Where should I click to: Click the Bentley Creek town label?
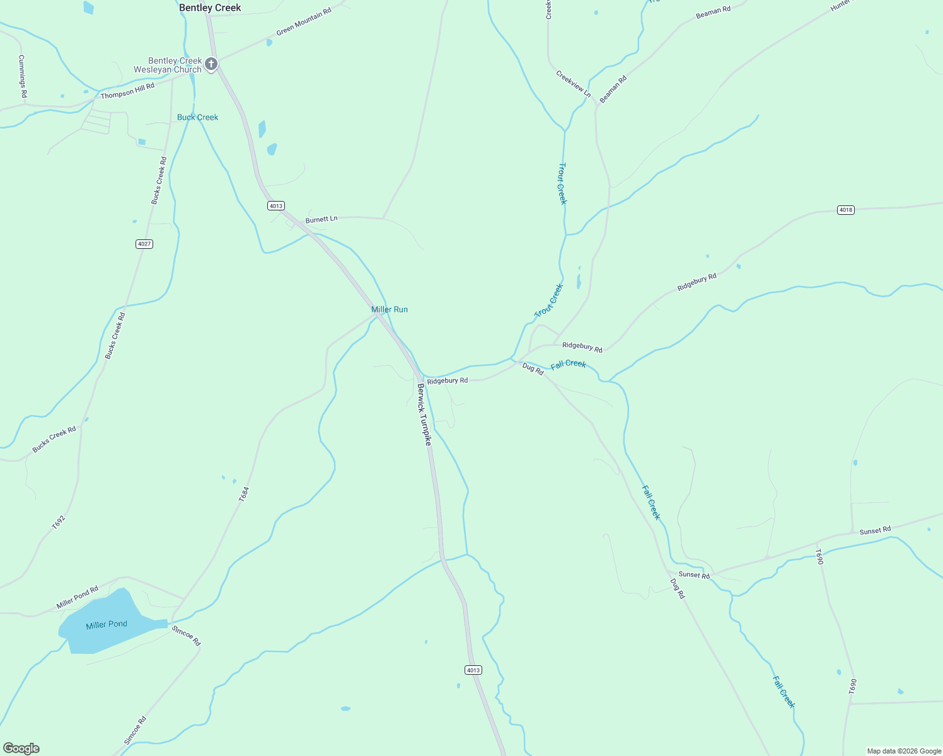pos(210,8)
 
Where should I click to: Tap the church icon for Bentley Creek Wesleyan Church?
pos(211,64)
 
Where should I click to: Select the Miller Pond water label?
pos(107,624)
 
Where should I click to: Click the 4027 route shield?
pos(144,244)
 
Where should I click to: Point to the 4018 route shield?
pos(846,210)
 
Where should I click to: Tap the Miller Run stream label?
pos(390,309)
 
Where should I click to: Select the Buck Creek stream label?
pos(197,117)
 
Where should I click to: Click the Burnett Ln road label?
pos(321,219)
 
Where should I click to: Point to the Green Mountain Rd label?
pos(304,23)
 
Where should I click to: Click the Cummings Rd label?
pos(22,76)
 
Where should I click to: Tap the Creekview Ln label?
pos(573,84)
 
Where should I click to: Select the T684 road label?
pos(244,494)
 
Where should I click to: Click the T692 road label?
pos(58,522)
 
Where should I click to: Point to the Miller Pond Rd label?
pos(78,597)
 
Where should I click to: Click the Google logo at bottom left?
pos(21,748)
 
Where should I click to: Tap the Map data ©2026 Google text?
pos(904,751)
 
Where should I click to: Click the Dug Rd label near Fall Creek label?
pos(533,369)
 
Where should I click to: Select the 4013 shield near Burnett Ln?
pos(276,206)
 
